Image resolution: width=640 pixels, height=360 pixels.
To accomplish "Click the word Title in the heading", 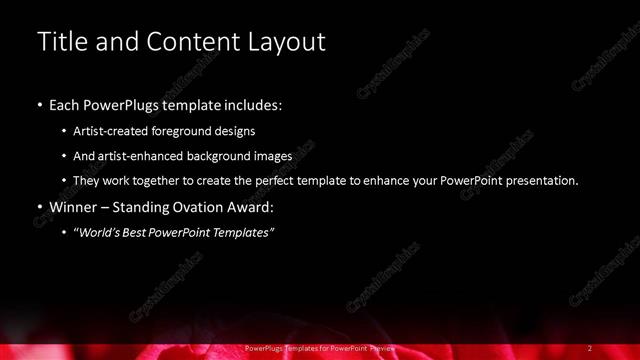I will [59, 42].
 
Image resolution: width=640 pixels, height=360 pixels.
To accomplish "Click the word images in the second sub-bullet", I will [273, 155].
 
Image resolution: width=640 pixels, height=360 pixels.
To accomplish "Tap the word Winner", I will [77, 208].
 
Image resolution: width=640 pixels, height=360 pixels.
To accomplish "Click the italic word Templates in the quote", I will [243, 233].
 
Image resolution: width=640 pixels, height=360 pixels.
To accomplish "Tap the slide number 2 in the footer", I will [590, 347].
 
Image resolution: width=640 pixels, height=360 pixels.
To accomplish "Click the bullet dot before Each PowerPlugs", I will [39, 104].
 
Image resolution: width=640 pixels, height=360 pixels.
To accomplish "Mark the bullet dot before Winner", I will [39, 208].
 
